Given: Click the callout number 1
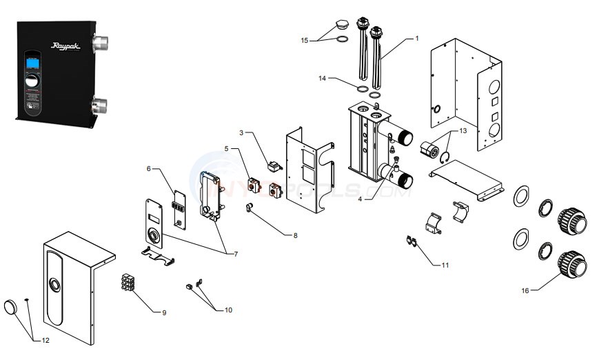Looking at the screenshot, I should (x=416, y=39).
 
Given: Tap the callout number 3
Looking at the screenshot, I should (x=242, y=132).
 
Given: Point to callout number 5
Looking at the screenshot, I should (x=225, y=148).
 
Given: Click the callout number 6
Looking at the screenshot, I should (x=148, y=168).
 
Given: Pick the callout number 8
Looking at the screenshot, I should (x=295, y=235).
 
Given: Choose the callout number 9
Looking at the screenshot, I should (x=164, y=312).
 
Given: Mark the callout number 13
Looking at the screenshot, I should (x=463, y=130).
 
